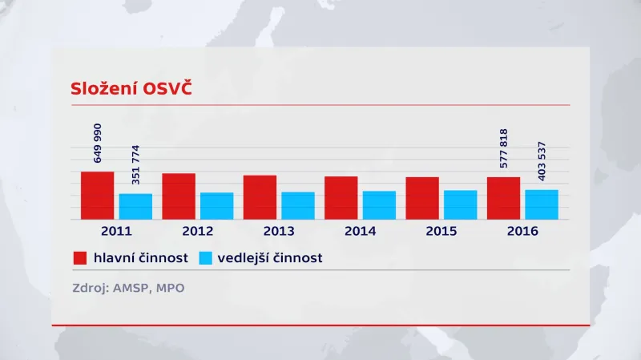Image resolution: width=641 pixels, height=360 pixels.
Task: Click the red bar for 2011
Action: pyautogui.click(x=97, y=195)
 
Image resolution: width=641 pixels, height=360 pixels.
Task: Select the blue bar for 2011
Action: pyautogui.click(x=135, y=206)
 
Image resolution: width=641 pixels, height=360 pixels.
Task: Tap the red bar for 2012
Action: pyautogui.click(x=179, y=196)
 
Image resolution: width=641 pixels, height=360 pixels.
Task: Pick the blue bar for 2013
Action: pyautogui.click(x=298, y=205)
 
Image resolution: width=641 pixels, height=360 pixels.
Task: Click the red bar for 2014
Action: pyautogui.click(x=341, y=197)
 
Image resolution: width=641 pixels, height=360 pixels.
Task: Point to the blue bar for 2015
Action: pyautogui.click(x=461, y=204)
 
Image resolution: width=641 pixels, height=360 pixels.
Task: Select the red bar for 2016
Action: pyautogui.click(x=503, y=197)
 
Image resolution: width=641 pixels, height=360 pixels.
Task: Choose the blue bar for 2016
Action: pyautogui.click(x=542, y=204)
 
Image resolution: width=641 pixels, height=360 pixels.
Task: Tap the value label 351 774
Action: pyautogui.click(x=135, y=164)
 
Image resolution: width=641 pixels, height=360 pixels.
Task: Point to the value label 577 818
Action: pyautogui.click(x=504, y=148)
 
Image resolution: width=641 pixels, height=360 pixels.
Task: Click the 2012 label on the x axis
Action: pyautogui.click(x=197, y=231)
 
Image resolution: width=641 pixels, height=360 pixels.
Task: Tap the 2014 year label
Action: pyautogui.click(x=360, y=231)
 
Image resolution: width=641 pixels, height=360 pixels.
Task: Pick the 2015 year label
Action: pyautogui.click(x=441, y=231)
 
